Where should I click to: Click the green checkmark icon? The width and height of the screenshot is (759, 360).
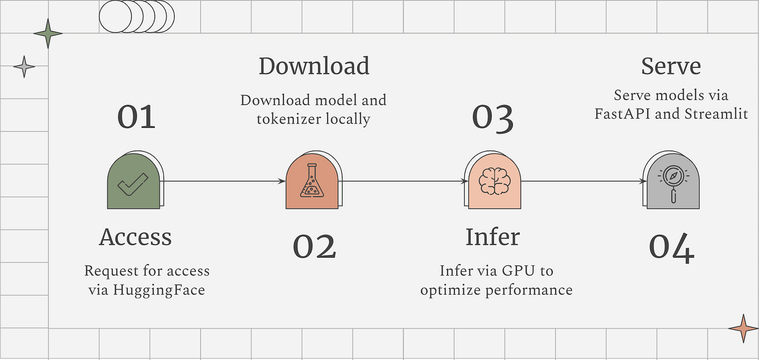(x=132, y=184)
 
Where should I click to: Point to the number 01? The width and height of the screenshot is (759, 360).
(x=136, y=117)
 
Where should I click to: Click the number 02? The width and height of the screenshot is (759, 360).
(x=315, y=246)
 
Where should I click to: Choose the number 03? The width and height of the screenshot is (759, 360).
(x=492, y=118)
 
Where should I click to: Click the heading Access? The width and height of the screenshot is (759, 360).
(x=135, y=237)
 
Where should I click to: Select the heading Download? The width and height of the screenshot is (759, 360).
(x=314, y=66)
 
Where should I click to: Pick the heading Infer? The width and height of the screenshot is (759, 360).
(x=492, y=237)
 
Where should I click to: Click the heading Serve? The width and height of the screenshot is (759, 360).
(x=671, y=66)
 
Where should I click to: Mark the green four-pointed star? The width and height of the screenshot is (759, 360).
(x=48, y=34)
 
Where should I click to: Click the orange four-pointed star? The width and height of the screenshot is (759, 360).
(x=743, y=329)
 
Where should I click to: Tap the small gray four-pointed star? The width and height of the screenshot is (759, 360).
(x=24, y=67)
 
